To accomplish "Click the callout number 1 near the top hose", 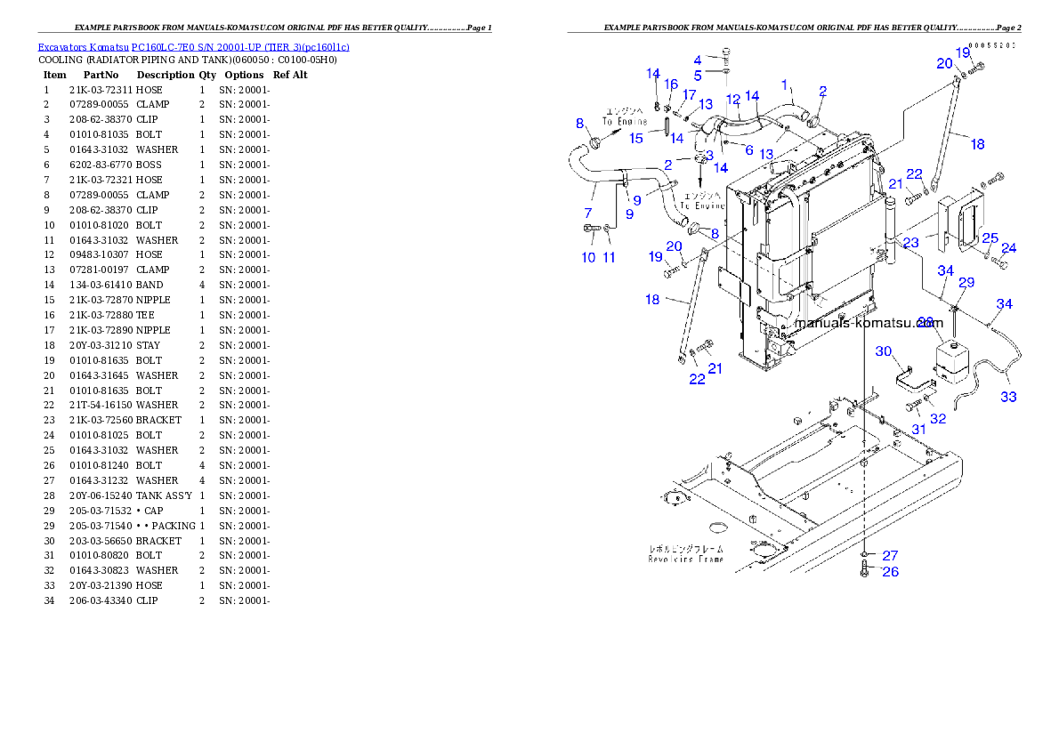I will coord(785,85).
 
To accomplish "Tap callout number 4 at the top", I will coord(698,60).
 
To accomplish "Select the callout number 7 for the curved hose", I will coord(587,213).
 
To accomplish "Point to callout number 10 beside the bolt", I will coord(588,258).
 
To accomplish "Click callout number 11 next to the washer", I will coord(609,258).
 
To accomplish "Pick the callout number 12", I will coord(732,99).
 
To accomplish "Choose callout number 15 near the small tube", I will coord(635,138).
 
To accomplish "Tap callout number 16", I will coord(671,85).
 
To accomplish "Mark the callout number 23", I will coord(910,242).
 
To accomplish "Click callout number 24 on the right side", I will coord(1008,248).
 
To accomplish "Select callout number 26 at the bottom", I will coord(890,572).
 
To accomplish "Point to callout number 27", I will coord(890,556).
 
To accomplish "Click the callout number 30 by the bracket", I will coord(883,351).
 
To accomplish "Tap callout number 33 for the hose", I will coord(1007,397).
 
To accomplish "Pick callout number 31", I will coord(918,429).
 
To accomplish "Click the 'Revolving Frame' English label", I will coord(685,559).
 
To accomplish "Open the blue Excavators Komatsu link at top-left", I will coord(193,46).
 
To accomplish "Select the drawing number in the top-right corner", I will coord(991,44).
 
